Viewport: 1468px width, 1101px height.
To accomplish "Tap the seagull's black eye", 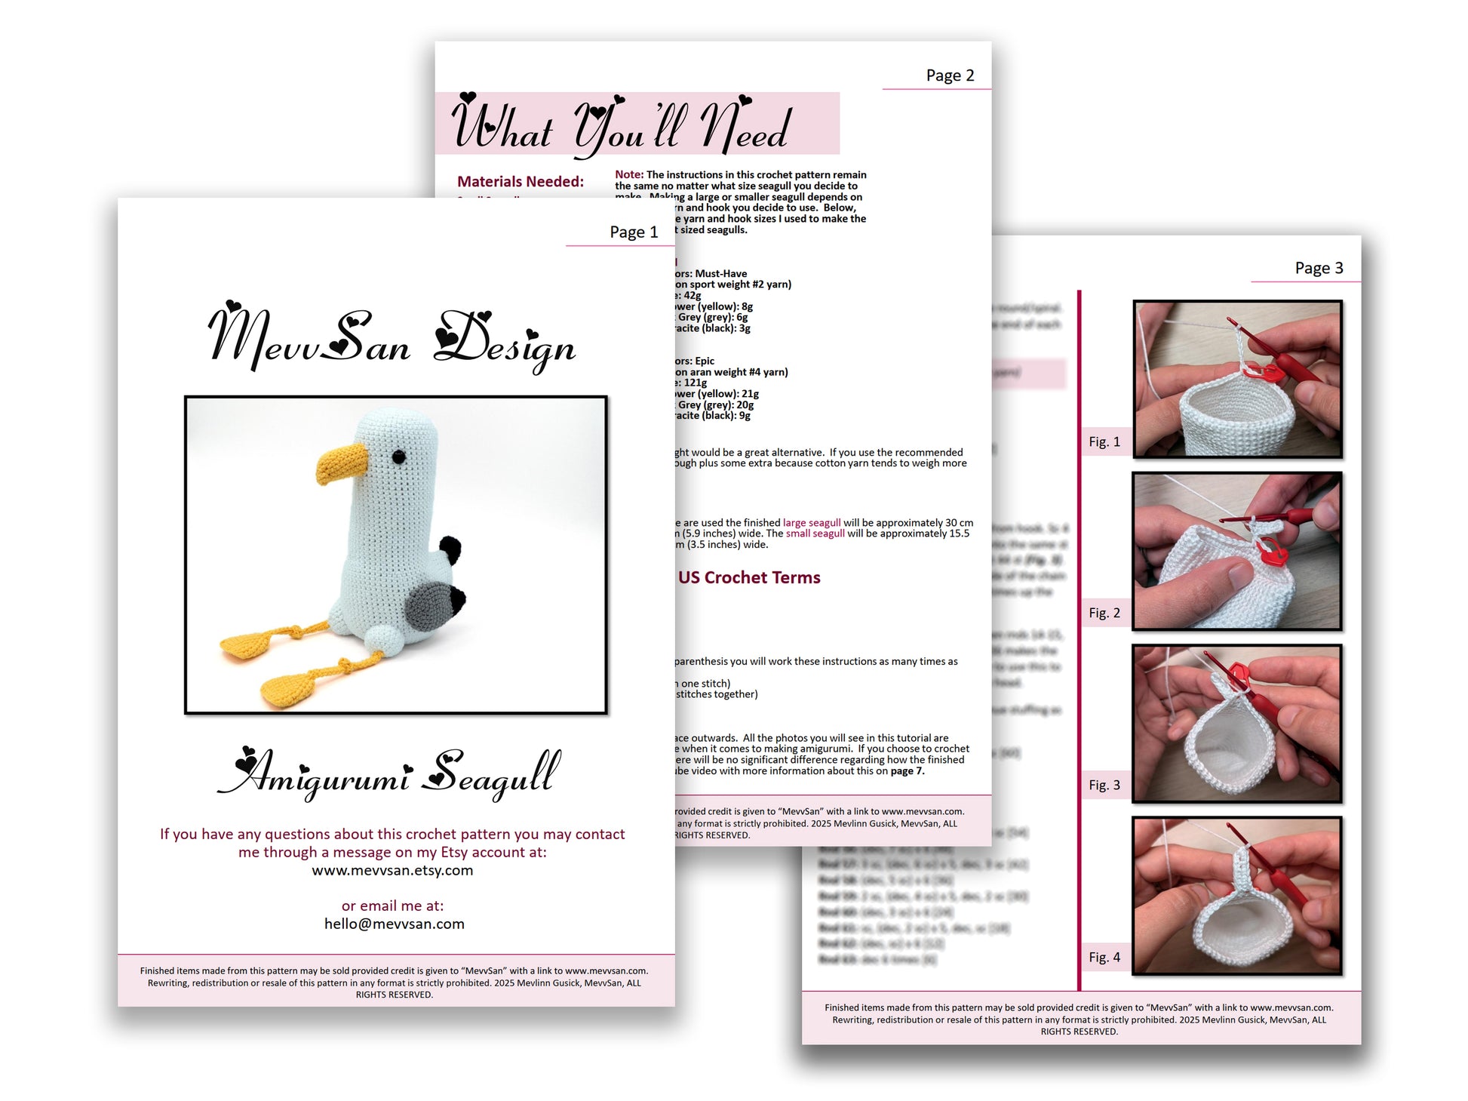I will point(398,457).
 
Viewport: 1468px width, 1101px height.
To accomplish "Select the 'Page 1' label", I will point(634,232).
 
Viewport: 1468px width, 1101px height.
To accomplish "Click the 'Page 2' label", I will point(950,75).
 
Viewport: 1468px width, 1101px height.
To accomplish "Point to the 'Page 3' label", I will point(1319,268).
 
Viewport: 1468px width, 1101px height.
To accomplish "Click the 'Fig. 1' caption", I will point(1104,442).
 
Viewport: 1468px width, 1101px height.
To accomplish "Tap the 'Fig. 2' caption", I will point(1104,614).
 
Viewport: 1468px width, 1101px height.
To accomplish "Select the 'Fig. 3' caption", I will point(1104,786).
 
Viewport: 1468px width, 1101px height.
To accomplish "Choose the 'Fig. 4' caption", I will point(1104,958).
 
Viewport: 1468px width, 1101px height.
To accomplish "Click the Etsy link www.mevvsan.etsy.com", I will point(392,870).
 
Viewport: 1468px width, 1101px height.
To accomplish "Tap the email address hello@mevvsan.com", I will point(394,924).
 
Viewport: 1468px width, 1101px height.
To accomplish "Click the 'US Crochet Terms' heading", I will point(748,577).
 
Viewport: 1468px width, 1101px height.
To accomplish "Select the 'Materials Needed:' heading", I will point(521,182).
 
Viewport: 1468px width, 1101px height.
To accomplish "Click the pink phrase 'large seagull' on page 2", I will point(811,523).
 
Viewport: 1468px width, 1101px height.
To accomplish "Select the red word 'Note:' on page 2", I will point(629,175).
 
